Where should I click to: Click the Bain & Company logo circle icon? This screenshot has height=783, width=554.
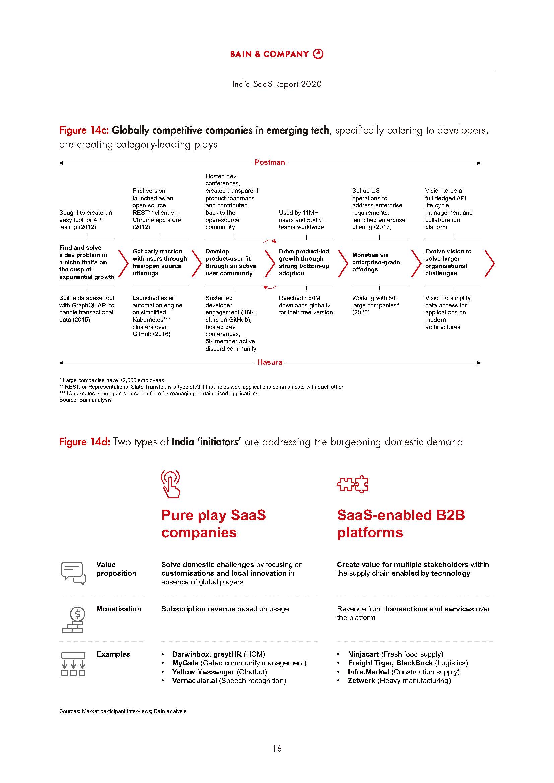click(318, 54)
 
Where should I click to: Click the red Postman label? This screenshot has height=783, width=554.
click(270, 162)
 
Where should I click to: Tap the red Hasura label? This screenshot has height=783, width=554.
click(270, 362)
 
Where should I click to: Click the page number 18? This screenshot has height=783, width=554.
click(277, 748)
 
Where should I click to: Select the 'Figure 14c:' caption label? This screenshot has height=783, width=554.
click(84, 130)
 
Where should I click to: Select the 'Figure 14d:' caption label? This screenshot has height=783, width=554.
click(84, 442)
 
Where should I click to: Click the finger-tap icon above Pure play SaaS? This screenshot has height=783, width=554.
click(170, 484)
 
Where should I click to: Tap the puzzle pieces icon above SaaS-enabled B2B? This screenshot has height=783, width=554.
click(352, 484)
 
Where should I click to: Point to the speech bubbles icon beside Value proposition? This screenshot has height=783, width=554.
click(73, 573)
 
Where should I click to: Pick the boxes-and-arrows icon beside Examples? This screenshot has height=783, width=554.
click(73, 663)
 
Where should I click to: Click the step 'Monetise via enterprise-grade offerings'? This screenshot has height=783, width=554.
click(375, 262)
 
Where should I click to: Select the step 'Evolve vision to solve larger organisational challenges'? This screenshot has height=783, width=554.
click(448, 262)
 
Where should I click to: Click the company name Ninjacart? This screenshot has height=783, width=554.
click(363, 654)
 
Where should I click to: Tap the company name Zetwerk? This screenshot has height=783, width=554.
click(361, 680)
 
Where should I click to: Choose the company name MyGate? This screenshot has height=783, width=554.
click(185, 663)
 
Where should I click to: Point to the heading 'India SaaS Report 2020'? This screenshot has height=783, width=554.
click(277, 84)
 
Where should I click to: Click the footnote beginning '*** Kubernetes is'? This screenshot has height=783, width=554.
click(159, 393)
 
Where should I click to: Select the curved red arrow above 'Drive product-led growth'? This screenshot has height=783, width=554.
click(270, 241)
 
